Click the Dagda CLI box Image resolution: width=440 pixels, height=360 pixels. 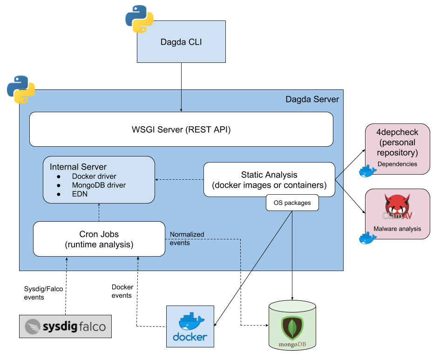(x=181, y=42)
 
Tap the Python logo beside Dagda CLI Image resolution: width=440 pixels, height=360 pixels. (x=139, y=19)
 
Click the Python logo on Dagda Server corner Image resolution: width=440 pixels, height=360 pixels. (x=21, y=89)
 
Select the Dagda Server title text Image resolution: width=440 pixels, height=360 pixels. (x=312, y=99)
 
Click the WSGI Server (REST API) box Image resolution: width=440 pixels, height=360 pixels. (x=181, y=129)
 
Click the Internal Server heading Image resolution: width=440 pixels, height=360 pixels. (x=78, y=167)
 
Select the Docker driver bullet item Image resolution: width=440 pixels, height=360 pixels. (x=94, y=177)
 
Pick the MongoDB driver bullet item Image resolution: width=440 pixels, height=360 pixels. (x=99, y=185)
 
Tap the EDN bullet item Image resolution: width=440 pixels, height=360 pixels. (x=80, y=194)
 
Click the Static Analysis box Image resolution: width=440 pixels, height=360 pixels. (x=269, y=179)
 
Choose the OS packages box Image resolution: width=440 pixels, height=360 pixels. (x=292, y=203)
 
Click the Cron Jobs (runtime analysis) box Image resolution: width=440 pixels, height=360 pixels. (x=99, y=239)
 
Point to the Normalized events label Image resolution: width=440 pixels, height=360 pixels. (x=187, y=238)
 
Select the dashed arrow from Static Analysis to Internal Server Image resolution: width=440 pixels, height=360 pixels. (x=179, y=180)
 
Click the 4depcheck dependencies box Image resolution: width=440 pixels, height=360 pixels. (x=397, y=148)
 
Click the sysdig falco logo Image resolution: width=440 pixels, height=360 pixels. (x=66, y=326)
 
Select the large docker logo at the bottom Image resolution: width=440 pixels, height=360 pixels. (x=190, y=326)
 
